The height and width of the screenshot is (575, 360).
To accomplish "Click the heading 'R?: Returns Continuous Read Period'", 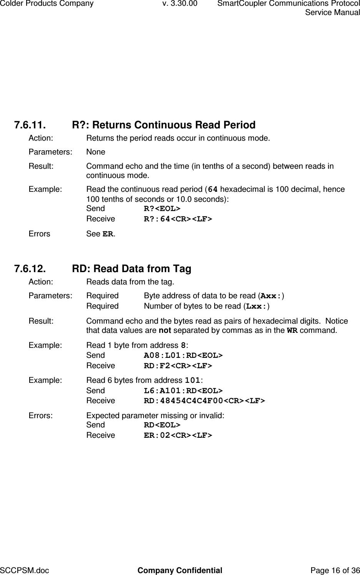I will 163,125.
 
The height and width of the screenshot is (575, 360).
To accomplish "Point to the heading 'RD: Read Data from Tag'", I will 132,269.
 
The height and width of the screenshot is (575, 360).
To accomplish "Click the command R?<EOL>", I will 162,209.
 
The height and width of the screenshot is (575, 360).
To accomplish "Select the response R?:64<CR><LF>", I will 178,219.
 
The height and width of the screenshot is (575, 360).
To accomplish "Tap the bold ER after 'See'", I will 108,234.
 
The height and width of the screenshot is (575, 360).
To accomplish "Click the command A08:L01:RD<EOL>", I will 183,355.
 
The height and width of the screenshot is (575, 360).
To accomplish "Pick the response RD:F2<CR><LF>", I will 178,366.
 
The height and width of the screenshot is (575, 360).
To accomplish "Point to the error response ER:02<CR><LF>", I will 178,435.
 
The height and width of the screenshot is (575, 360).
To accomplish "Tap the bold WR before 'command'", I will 292,331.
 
